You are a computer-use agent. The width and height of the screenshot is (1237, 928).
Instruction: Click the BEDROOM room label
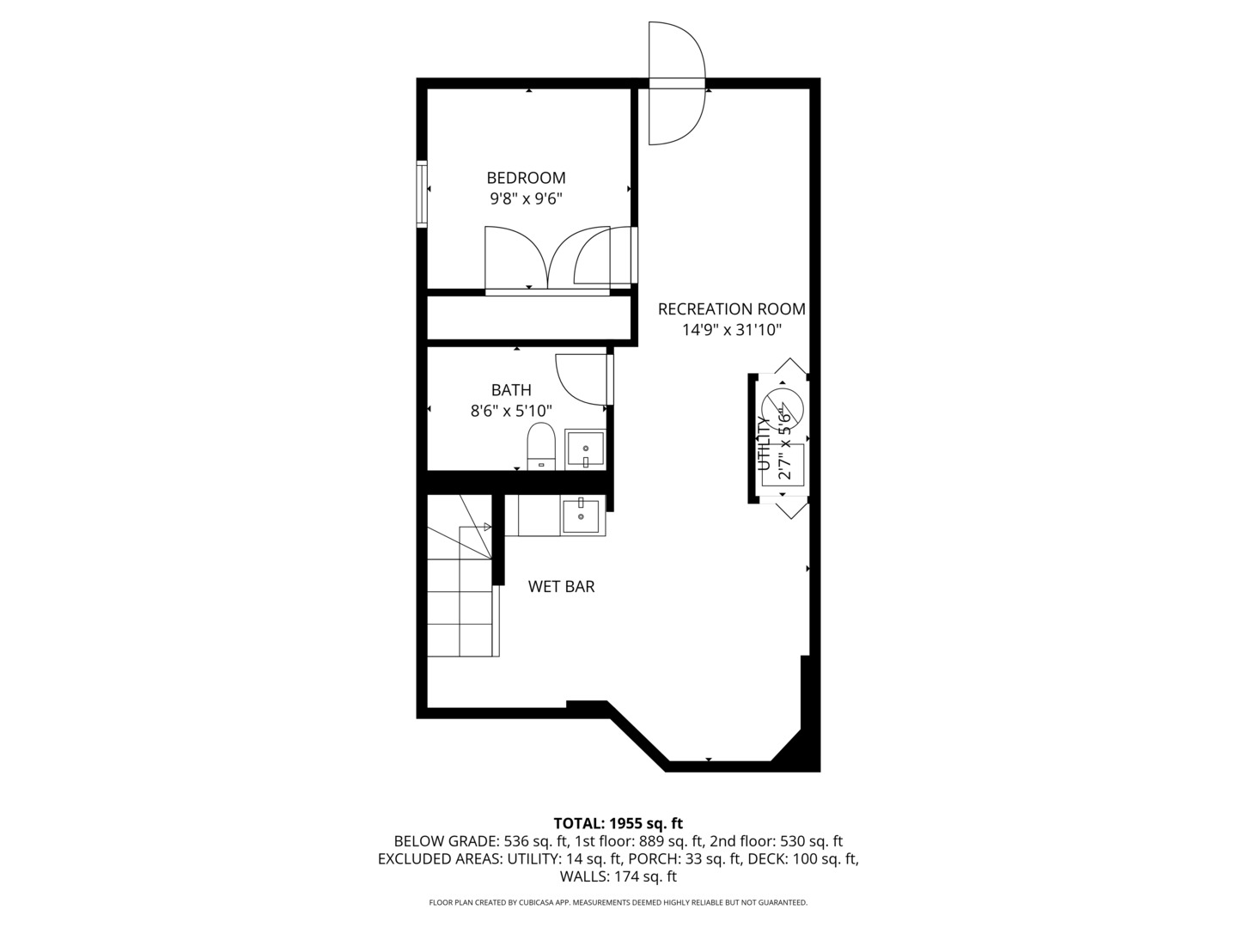[x=526, y=178]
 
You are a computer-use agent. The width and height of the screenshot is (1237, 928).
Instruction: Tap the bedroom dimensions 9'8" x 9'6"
[x=526, y=199]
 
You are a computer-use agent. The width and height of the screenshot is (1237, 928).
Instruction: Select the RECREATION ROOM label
[x=731, y=309]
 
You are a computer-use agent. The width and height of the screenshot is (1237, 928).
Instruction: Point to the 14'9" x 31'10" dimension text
[x=731, y=330]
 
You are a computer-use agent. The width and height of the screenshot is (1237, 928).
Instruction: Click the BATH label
[x=511, y=390]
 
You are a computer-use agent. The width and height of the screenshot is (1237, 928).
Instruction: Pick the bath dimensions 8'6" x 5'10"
[x=511, y=412]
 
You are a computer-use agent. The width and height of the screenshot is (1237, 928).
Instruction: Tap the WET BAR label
[x=561, y=587]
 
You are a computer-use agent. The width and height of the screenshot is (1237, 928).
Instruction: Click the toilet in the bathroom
[x=541, y=446]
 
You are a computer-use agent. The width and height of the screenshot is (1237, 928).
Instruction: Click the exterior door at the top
[x=676, y=83]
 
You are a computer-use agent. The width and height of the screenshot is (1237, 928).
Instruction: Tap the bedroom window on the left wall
[x=422, y=193]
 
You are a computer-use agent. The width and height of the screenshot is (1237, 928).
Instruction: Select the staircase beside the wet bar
[x=462, y=593]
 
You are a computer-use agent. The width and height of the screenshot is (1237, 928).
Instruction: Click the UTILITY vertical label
[x=763, y=443]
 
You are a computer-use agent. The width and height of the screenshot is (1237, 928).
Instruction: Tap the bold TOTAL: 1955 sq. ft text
[x=618, y=823]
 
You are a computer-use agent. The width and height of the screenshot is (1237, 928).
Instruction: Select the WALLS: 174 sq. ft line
[x=618, y=877]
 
